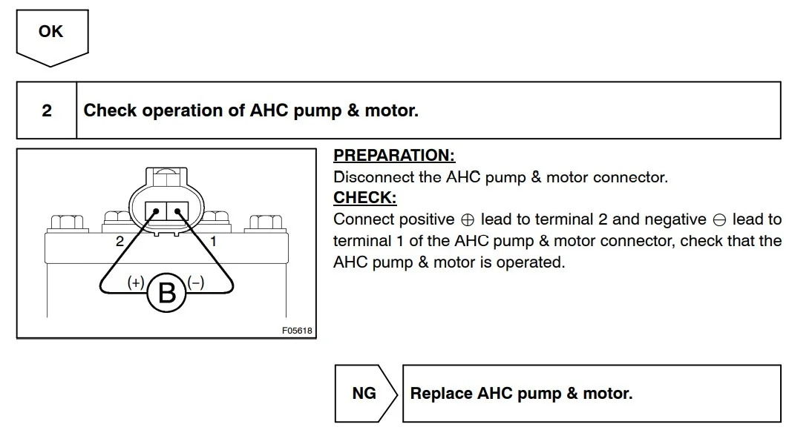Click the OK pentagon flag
[53, 38]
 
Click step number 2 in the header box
[47, 110]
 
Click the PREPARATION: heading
[394, 155]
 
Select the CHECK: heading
[365, 197]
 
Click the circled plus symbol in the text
[468, 220]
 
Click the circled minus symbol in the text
[719, 220]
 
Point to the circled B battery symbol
[166, 293]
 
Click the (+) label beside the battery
[136, 282]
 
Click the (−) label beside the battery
[196, 282]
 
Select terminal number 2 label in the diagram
[120, 242]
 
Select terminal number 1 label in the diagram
[213, 242]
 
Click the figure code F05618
[297, 331]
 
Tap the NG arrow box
[366, 394]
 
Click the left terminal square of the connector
[155, 211]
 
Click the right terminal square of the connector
[177, 211]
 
